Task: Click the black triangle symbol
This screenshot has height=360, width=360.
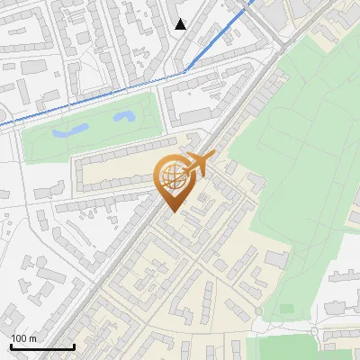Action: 181,24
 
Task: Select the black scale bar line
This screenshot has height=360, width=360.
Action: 42,346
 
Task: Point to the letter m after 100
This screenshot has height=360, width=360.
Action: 33,338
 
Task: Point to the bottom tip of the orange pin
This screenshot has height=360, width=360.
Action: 172,212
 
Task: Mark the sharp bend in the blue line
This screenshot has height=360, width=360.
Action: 184,70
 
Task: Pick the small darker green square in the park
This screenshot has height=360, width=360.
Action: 286,310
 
